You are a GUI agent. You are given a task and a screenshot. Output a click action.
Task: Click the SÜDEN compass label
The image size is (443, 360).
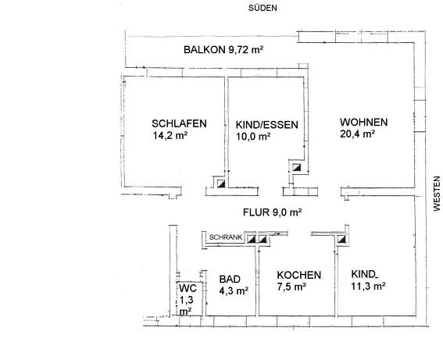pyautogui.click(x=263, y=8)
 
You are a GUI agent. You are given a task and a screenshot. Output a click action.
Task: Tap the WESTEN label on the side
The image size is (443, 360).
pyautogui.click(x=437, y=194)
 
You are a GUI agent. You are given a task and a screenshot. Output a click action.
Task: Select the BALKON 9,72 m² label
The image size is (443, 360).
pyautogui.click(x=223, y=50)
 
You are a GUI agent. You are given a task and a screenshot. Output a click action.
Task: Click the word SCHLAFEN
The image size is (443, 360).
pyautogui.click(x=179, y=123)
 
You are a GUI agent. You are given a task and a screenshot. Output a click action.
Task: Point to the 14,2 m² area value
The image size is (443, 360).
pyautogui.click(x=170, y=136)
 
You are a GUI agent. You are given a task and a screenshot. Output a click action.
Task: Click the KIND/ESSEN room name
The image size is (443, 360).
pyautogui.click(x=267, y=125)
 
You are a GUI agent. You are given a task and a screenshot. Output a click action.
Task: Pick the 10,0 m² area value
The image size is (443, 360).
pyautogui.click(x=253, y=137)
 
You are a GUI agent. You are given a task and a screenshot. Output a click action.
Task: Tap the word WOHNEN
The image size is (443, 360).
pyautogui.click(x=363, y=123)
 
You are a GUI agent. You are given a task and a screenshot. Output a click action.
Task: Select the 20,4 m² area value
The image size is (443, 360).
pyautogui.click(x=357, y=134)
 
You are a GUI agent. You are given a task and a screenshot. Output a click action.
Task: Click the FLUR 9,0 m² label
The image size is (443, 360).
pyautogui.click(x=273, y=212)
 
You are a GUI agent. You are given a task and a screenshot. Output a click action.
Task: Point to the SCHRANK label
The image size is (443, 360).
pyautogui.click(x=226, y=237)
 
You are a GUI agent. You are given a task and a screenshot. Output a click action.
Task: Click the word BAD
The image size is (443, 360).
pyautogui.click(x=230, y=280)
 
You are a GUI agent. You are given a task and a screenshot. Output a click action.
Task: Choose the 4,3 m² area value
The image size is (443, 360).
pyautogui.click(x=234, y=290)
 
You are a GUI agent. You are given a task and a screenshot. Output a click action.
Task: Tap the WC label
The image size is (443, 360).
pyautogui.click(x=188, y=289)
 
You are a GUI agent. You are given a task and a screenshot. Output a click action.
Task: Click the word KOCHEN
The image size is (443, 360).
pyautogui.click(x=299, y=275)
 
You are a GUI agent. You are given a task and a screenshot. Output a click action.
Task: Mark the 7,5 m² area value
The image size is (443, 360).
pyautogui.click(x=291, y=287)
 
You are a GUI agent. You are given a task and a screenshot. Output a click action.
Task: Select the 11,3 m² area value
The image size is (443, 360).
pyautogui.click(x=369, y=287)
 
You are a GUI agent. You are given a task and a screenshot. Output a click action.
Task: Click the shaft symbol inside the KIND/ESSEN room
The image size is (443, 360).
pyautogui.click(x=296, y=168)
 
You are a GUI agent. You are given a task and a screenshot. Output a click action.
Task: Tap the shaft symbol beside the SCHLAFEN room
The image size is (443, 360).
pyautogui.click(x=221, y=184)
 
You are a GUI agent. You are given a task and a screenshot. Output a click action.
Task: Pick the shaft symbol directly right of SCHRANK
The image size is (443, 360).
pyautogui.click(x=252, y=240)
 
